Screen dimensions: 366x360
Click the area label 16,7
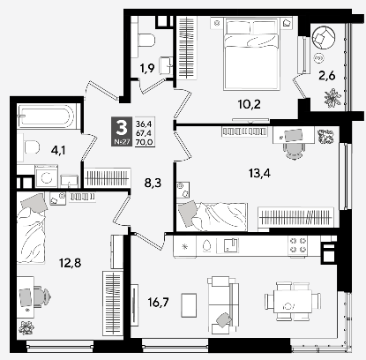[x=159, y=303]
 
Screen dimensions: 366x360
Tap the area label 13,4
[x=259, y=174]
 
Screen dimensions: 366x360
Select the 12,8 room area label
[x=70, y=263]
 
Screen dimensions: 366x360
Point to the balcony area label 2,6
[x=327, y=76]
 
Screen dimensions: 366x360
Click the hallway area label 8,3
[x=153, y=184]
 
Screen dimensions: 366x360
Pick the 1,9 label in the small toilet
[x=147, y=68]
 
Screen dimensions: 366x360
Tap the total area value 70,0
[x=144, y=143]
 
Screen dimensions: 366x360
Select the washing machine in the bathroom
[x=47, y=176]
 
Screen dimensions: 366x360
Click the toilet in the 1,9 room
[x=145, y=40]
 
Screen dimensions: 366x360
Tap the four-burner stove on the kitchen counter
[x=298, y=245]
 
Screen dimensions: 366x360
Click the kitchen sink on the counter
[x=231, y=245]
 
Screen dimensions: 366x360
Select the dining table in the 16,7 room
[x=293, y=302]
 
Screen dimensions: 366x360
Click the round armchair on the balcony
[x=323, y=37]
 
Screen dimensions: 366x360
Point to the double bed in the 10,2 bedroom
[x=250, y=54]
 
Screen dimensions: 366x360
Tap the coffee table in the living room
[x=189, y=305]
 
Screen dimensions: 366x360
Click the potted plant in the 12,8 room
[x=26, y=327]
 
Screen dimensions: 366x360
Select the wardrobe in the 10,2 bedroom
[x=187, y=48]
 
